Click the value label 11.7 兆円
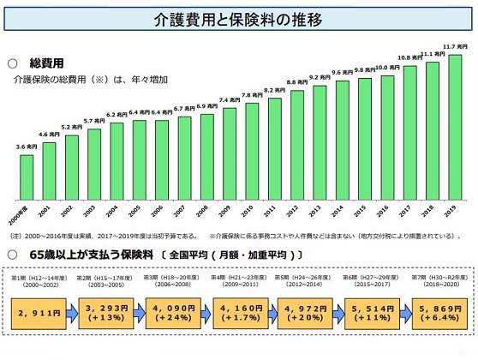(455, 49)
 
